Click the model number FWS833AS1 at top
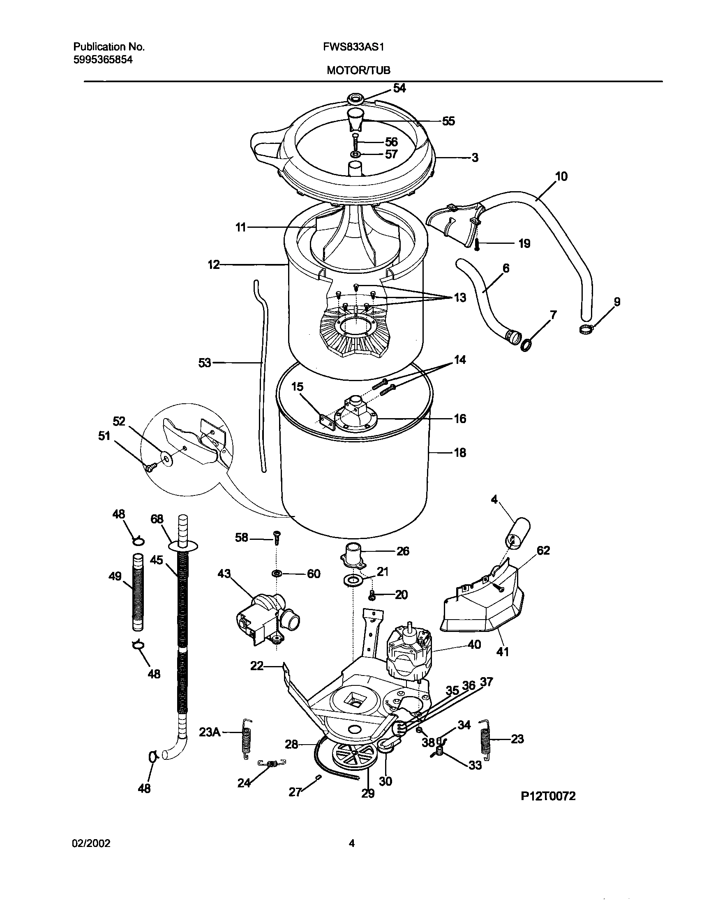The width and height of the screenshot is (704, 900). [354, 47]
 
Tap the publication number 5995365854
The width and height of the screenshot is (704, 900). [103, 60]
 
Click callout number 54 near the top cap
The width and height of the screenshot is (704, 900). [399, 88]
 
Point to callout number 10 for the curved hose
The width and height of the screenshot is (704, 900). [561, 176]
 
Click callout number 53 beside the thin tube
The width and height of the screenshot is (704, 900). [205, 363]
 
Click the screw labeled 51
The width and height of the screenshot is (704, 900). [150, 467]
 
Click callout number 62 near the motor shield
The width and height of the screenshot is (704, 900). [543, 551]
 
